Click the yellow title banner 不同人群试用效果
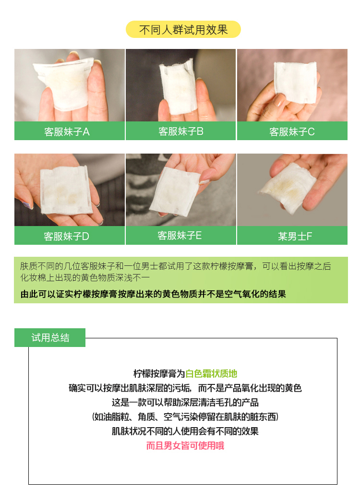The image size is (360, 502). [x=183, y=29]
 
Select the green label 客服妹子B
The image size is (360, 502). [x=181, y=131]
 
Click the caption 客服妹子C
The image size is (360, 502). [x=292, y=131]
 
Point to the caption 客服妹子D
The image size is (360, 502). [x=67, y=236]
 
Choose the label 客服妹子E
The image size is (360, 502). [x=180, y=236]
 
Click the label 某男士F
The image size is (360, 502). [x=295, y=236]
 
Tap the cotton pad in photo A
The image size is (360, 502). [x=64, y=83]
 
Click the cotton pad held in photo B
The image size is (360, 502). [x=178, y=87]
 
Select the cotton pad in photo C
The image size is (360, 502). [x=296, y=82]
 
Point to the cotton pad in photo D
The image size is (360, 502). [x=66, y=190]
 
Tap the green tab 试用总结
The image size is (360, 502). [x=50, y=337]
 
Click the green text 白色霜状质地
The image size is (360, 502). [x=211, y=373]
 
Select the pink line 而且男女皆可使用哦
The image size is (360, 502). [x=185, y=445]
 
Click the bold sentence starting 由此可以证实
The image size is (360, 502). [x=153, y=294]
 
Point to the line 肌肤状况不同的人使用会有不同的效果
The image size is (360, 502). [x=185, y=431]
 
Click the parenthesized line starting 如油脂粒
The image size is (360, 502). [x=185, y=417]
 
